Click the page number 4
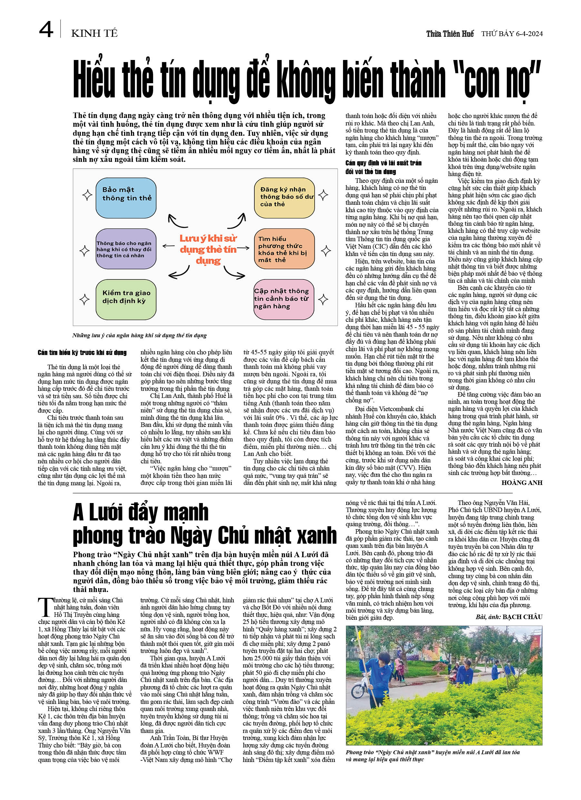(x=46, y=30)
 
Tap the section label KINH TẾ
(x=94, y=34)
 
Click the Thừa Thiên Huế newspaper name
(x=450, y=34)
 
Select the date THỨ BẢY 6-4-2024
(x=512, y=34)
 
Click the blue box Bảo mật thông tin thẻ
(x=126, y=198)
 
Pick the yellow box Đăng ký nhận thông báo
(x=284, y=198)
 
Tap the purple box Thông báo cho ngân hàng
(x=126, y=249)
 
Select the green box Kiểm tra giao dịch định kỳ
(x=126, y=300)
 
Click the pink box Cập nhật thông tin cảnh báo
(x=284, y=300)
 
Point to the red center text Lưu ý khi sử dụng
(x=208, y=249)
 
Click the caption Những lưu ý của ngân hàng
(x=139, y=335)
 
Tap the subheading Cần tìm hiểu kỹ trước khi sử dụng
(x=82, y=352)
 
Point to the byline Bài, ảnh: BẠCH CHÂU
(x=509, y=617)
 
